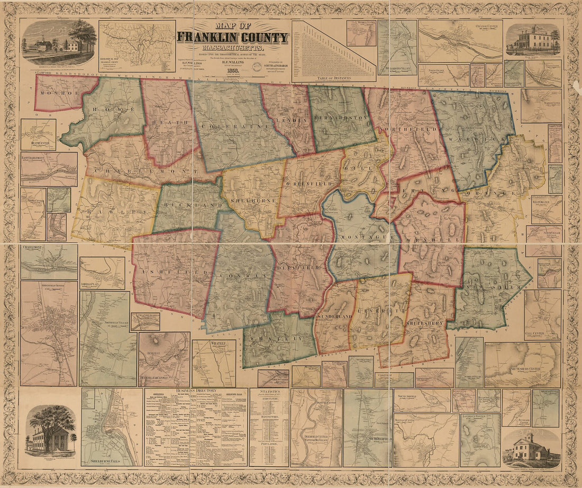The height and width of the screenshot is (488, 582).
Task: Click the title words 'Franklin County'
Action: click(x=232, y=38)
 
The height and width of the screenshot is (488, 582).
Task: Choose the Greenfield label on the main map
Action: click(x=310, y=184)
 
